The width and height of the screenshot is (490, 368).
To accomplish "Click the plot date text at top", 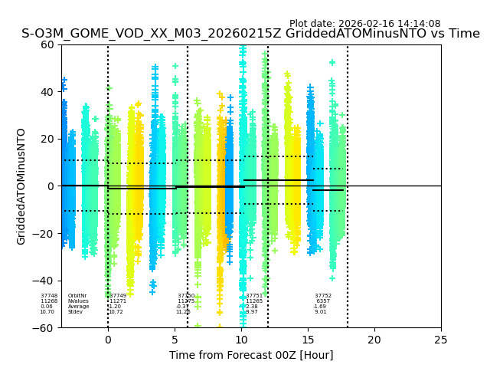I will (x=364, y=24).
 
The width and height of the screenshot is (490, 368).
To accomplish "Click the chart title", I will (x=250, y=34).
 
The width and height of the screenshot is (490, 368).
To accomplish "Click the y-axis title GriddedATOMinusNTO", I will (x=21, y=186).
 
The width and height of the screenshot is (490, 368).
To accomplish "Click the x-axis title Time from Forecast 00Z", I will (x=251, y=355).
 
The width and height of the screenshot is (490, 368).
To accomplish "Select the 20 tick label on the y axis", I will (x=48, y=139).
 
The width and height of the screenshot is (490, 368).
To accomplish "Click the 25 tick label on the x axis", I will (x=441, y=340).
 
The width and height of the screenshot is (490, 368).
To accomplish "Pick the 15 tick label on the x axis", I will (x=308, y=340).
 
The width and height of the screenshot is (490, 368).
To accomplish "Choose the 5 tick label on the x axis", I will (x=175, y=340).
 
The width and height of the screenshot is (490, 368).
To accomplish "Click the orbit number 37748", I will (x=49, y=296).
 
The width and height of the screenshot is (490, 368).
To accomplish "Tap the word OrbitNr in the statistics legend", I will (x=77, y=296).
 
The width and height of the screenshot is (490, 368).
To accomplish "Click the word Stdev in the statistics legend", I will (x=75, y=312).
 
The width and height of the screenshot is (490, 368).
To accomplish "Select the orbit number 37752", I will (x=323, y=296).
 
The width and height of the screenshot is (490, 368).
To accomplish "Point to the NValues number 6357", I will (x=323, y=301).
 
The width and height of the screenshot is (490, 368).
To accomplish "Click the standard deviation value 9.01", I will (x=321, y=312).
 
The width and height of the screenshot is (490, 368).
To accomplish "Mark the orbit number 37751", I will (x=254, y=296).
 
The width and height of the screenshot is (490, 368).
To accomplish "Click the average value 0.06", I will (x=47, y=307).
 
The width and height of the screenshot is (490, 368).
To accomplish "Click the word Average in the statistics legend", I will (x=78, y=307).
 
